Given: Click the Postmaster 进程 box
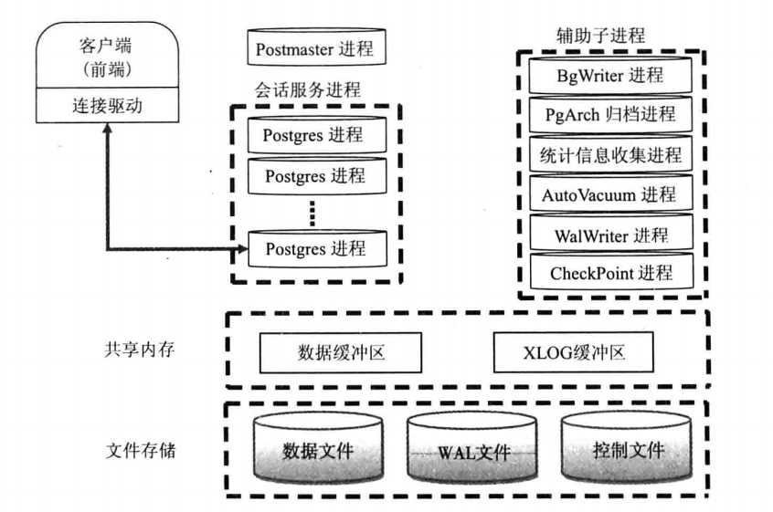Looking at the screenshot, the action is pos(316,47).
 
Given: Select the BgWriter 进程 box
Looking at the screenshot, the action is pos(610,76).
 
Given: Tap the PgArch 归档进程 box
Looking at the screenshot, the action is pos(610,115).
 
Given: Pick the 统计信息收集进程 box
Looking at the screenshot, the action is pos(610,154).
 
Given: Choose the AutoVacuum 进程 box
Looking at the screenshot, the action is pos(610,193).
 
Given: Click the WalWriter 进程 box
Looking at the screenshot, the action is pos(611,233).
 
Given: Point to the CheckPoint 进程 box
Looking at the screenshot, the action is pos(611,272).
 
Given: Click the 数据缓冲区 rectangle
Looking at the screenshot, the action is pos(341,352).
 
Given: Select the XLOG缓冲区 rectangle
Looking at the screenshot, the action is pos(573,352).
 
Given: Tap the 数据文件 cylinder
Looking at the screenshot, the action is pos(318,447).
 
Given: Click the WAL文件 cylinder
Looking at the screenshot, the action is pos(472,447).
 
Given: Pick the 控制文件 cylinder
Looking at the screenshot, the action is pos(627,447).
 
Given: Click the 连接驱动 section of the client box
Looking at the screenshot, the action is pos(108,105).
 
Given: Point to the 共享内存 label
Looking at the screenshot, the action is pos(140,350).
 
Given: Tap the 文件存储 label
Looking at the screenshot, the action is pos(141,451).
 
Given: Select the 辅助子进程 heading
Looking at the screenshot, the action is pos(600,36).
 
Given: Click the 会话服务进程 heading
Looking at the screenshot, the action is pos(308,90).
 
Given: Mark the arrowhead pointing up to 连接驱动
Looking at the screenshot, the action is pos(107,128).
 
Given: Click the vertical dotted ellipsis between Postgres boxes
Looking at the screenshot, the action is pos(312,213).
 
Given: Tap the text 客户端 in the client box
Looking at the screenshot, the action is pos(105,46).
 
